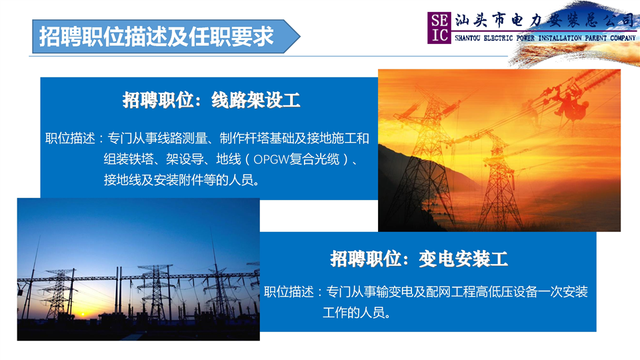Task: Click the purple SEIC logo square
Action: tap(439, 28)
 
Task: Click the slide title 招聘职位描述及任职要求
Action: tap(156, 37)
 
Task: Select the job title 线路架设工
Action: tap(256, 100)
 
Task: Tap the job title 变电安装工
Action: tap(463, 259)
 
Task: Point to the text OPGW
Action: tap(271, 159)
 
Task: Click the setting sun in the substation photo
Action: tap(83, 314)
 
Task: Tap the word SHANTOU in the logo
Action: tap(467, 38)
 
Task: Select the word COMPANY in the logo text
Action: tap(623, 38)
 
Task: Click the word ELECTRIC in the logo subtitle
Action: tap(498, 38)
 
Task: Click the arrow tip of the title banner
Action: tap(300, 36)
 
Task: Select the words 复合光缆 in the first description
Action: tap(314, 159)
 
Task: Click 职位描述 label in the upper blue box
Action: tap(70, 139)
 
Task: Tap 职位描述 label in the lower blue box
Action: tap(289, 292)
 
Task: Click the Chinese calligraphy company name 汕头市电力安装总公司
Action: tap(545, 20)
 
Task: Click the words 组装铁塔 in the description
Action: tap(129, 159)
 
